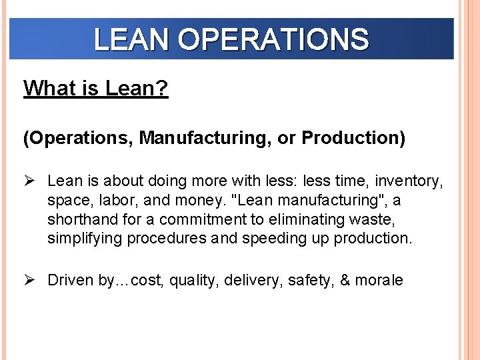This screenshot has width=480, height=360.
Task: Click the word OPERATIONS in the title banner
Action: click(273, 40)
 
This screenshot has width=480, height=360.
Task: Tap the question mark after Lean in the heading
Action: click(163, 88)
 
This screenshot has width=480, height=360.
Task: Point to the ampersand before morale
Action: click(345, 280)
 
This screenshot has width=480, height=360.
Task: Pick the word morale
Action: click(379, 280)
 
